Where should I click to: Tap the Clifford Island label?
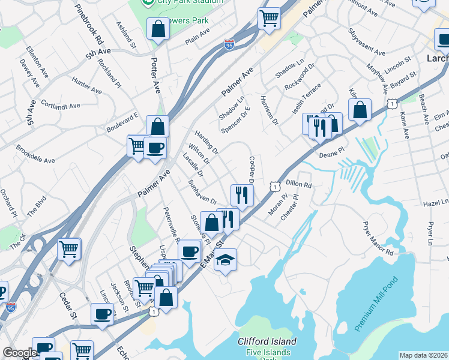267,341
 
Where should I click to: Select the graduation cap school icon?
225,260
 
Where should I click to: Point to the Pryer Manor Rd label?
377,239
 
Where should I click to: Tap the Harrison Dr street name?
269,110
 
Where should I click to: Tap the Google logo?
20,353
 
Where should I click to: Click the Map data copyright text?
423,355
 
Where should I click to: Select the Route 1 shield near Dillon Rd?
274,187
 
